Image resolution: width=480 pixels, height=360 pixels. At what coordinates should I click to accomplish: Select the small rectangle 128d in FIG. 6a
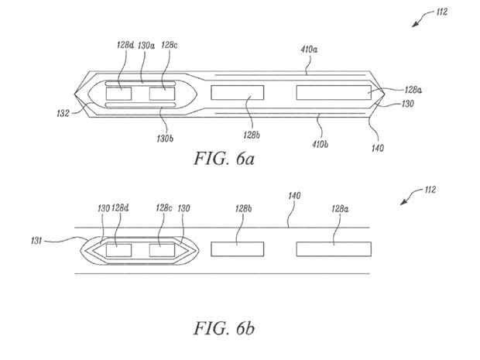(118, 94)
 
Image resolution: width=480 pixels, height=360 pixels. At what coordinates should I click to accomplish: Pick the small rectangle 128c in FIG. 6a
(163, 94)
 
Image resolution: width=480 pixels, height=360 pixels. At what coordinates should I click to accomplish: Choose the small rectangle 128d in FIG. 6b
(118, 249)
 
